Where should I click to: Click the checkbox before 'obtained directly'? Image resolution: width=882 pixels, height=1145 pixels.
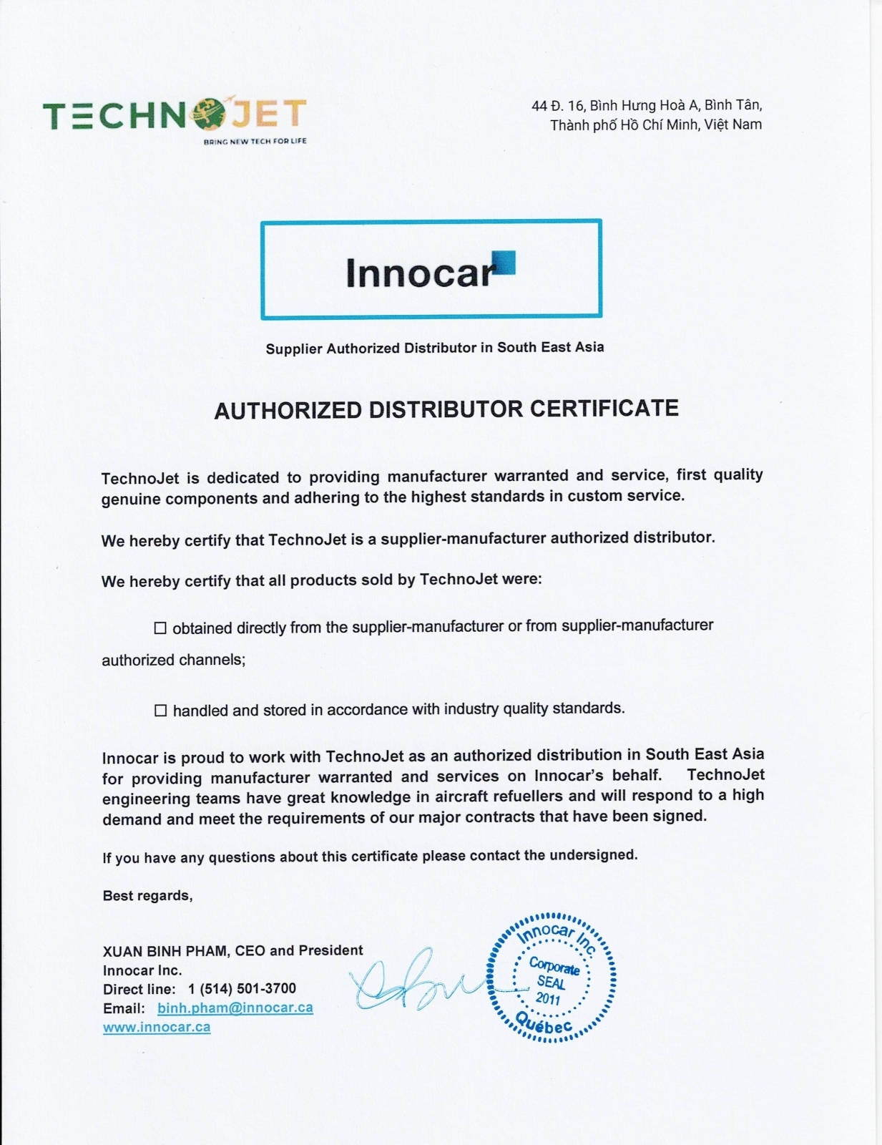[160, 628]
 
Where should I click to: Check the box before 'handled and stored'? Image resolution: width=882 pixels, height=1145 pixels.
[160, 711]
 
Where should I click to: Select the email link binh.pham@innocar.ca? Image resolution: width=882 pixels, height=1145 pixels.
[235, 1008]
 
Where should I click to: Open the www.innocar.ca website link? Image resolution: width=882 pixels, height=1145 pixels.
[157, 1027]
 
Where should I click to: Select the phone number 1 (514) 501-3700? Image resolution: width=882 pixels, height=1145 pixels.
[242, 988]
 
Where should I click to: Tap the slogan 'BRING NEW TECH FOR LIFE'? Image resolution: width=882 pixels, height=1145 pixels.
[255, 142]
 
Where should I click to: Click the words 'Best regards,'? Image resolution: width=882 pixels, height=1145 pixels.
[147, 896]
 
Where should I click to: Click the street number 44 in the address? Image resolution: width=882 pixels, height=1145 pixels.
[539, 106]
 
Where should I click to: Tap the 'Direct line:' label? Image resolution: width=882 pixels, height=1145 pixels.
[139, 989]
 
